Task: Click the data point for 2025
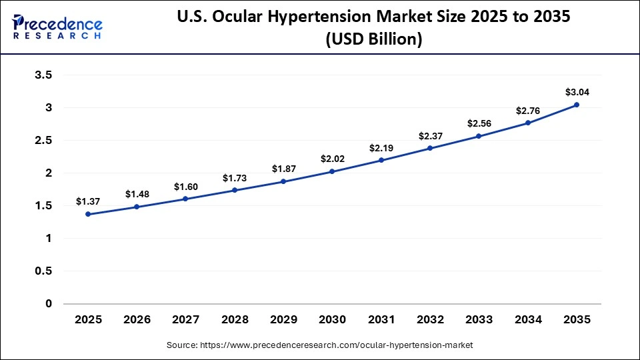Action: pyautogui.click(x=88, y=214)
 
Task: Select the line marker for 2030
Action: pyautogui.click(x=332, y=171)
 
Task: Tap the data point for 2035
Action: pyautogui.click(x=576, y=105)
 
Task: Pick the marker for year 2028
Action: pyautogui.click(x=235, y=191)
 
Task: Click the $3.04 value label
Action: pyautogui.click(x=576, y=92)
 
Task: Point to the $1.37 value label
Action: pyautogui.click(x=88, y=201)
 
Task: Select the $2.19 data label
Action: pyautogui.click(x=381, y=147)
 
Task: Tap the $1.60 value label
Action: pyautogui.click(x=185, y=187)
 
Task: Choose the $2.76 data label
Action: pyautogui.click(x=527, y=111)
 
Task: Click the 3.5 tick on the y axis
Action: pyautogui.click(x=43, y=75)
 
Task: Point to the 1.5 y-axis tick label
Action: pyautogui.click(x=43, y=205)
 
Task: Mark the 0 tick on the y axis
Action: pyautogui.click(x=48, y=303)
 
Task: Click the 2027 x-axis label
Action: pyautogui.click(x=185, y=320)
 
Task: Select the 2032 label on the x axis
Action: pyautogui.click(x=429, y=320)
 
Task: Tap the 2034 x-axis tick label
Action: pyautogui.click(x=527, y=320)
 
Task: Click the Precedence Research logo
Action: pyautogui.click(x=57, y=27)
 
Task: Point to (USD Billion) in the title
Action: pyautogui.click(x=373, y=40)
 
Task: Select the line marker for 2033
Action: pyautogui.click(x=478, y=136)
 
